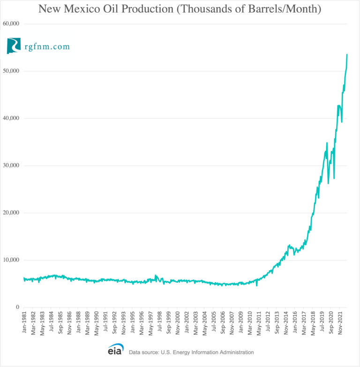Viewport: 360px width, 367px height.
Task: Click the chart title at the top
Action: [x=180, y=9]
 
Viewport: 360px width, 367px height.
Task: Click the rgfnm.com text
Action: [x=48, y=47]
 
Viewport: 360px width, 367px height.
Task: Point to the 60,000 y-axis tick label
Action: [x=11, y=23]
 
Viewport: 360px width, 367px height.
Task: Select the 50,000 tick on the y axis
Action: [x=11, y=71]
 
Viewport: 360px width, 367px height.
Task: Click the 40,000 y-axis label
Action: [x=11, y=118]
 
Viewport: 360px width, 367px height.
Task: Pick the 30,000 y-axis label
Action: [x=11, y=165]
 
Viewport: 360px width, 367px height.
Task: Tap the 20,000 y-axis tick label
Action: [x=11, y=213]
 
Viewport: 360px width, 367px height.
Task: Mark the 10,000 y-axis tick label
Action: [x=11, y=260]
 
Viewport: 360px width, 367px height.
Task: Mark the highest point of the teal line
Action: [x=347, y=54]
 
